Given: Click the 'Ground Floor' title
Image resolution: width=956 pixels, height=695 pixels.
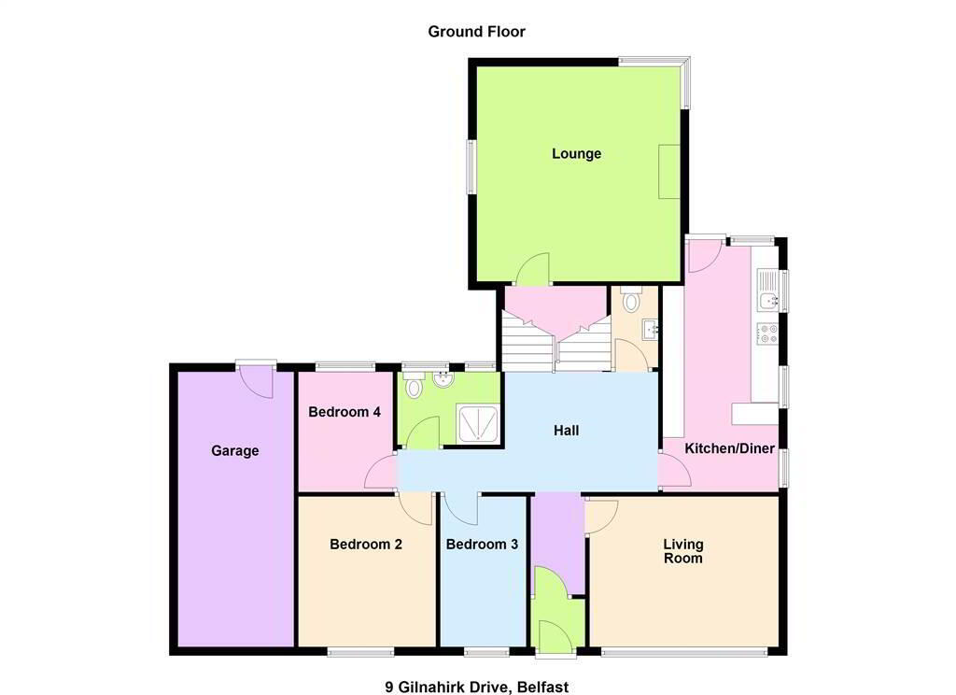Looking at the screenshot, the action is click(x=476, y=32).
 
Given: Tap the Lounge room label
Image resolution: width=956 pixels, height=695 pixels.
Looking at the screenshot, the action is click(x=576, y=154).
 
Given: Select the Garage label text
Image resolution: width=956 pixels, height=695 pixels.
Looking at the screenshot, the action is click(x=234, y=451).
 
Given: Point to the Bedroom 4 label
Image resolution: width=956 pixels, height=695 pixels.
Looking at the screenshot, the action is click(x=344, y=412).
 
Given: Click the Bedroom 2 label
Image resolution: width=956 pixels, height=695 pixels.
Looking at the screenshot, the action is click(x=366, y=545).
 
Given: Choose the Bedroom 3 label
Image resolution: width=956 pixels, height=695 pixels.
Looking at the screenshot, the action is click(x=482, y=545).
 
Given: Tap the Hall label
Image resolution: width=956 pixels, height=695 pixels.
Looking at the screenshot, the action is click(x=566, y=431).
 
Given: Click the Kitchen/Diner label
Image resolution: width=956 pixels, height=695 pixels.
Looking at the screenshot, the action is click(x=729, y=448).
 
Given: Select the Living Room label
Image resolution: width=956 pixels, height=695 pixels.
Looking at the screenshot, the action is click(x=682, y=551).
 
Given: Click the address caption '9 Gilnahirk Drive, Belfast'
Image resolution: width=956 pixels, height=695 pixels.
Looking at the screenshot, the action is click(x=476, y=688).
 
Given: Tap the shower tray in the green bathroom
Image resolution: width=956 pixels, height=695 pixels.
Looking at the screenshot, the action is click(x=479, y=423).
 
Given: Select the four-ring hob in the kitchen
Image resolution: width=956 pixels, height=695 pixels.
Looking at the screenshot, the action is click(x=768, y=333).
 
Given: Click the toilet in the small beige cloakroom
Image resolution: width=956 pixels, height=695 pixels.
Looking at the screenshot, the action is click(x=630, y=299).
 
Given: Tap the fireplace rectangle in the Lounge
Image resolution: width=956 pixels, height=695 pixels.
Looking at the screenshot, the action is click(x=668, y=172).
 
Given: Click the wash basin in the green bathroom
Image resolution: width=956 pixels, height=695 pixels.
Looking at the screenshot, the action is click(x=443, y=378).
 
